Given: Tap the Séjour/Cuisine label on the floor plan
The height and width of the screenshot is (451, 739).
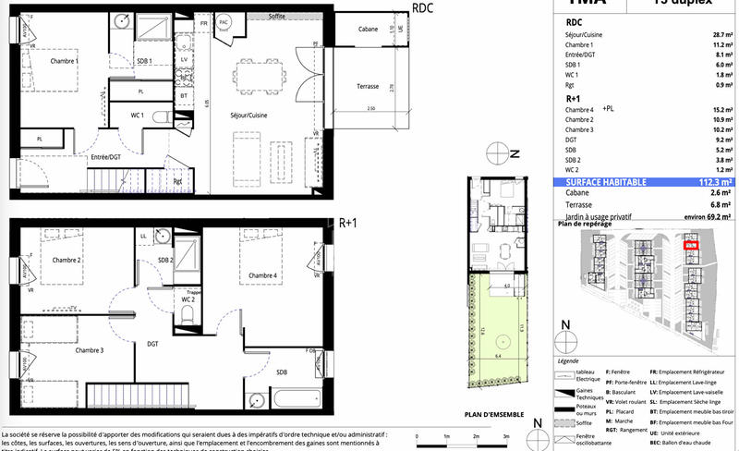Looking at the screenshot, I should coord(248,115).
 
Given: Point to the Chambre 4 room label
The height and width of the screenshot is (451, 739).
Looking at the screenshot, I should coord(263,275).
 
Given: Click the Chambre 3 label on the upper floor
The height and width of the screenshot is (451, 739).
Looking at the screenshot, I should coord(64,350).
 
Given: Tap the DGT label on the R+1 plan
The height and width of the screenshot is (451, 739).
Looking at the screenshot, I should coord(151,343).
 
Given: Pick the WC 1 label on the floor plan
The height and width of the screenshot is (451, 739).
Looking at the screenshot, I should coord(136,116).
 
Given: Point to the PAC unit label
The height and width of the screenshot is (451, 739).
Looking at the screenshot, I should coord(224,21).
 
